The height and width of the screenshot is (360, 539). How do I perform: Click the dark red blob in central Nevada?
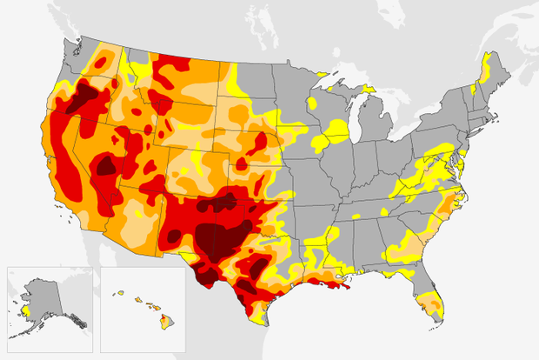tap(106, 165)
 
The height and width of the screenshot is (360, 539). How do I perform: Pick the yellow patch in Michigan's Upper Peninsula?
tap(334, 87)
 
